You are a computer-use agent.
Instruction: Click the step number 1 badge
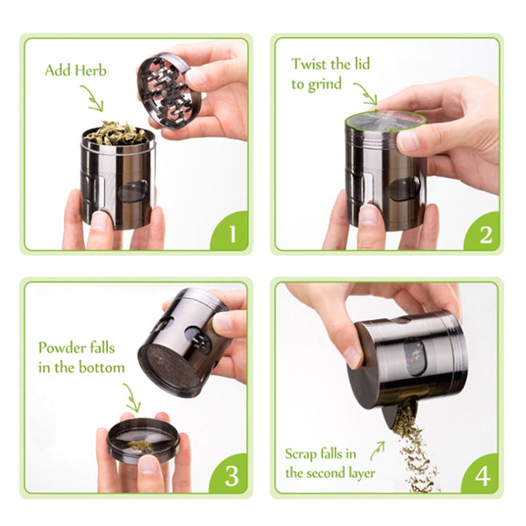click(x=232, y=235)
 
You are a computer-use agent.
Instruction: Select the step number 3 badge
click(x=232, y=476)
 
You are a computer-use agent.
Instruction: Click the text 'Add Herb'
click(x=75, y=70)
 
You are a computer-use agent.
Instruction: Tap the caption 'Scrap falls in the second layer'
click(x=332, y=463)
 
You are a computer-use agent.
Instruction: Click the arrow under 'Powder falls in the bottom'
click(x=131, y=396)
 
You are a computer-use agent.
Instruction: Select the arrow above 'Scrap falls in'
click(x=377, y=450)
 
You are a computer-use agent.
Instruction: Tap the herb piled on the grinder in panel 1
click(x=115, y=133)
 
